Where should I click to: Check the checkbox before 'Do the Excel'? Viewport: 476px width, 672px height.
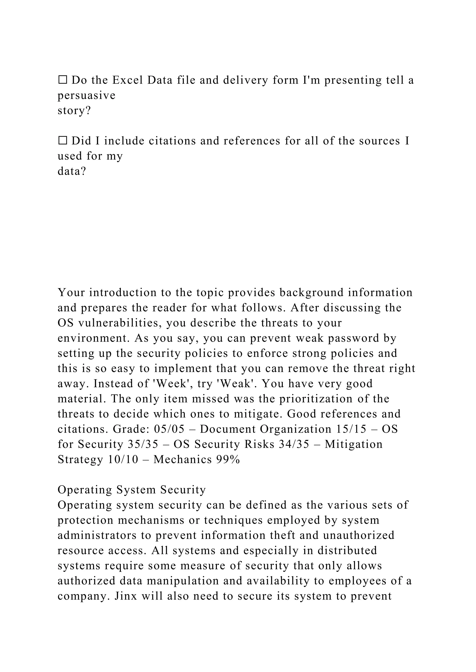[x=63, y=80]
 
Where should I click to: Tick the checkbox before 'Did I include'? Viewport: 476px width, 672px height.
[x=63, y=141]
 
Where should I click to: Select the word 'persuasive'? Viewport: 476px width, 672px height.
[x=86, y=95]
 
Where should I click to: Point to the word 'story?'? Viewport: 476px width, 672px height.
[x=74, y=110]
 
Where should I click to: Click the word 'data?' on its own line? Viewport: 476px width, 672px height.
[x=72, y=171]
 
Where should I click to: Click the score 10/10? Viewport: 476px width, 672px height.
[x=123, y=459]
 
